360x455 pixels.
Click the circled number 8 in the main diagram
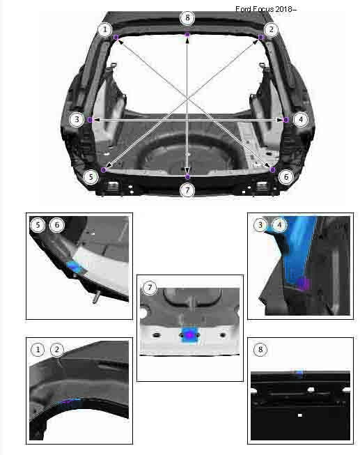pos(187,18)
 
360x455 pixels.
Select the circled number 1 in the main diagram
pos(105,29)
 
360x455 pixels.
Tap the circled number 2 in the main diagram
pos(272,29)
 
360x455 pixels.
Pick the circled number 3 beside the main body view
pos(77,120)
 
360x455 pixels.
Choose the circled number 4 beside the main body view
pos(301,120)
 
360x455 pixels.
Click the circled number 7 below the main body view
pos(187,190)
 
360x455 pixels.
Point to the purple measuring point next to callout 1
pos(116,37)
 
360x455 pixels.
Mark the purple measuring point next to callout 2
pos(261,37)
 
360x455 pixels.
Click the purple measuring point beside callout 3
pos(91,120)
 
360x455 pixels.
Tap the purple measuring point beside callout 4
pos(286,120)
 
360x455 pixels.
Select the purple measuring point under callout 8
pos(187,35)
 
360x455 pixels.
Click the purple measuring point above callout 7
pos(188,176)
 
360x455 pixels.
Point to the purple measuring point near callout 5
pos(104,170)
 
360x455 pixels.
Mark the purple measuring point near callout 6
pos(273,170)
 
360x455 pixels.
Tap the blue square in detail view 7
pos(189,335)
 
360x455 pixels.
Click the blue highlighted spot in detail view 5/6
pos(75,267)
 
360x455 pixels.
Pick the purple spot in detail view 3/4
pos(304,284)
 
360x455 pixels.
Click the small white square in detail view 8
pos(300,415)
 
